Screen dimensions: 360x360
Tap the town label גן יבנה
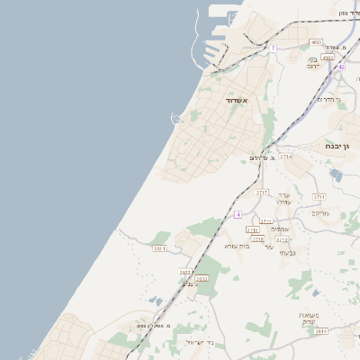coord(343,145)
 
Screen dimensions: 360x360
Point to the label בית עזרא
coord(237,246)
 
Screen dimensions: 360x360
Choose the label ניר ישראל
coord(199,343)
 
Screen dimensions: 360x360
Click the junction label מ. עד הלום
coord(265,158)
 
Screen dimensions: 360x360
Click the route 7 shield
coord(272,49)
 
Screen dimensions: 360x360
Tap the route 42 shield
coord(341,67)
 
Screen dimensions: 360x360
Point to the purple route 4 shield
coord(238,214)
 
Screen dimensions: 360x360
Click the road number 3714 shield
coord(285,157)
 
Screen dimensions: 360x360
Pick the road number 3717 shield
coord(263,192)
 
